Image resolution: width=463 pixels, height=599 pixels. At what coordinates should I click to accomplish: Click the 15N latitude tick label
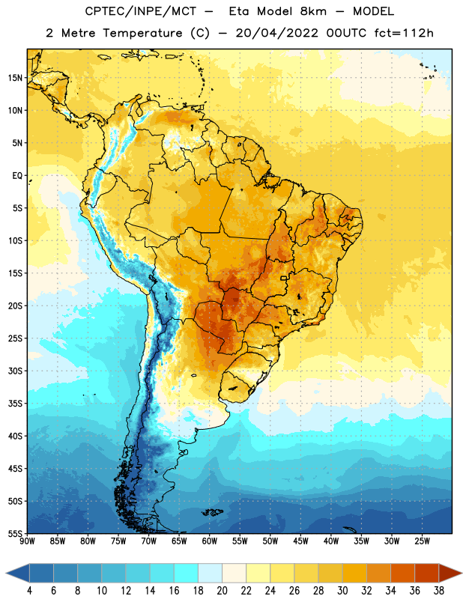coord(15,78)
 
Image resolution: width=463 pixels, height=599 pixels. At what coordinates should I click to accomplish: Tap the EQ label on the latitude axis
coord(17,176)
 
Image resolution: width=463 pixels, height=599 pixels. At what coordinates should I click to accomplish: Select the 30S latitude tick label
coord(15,371)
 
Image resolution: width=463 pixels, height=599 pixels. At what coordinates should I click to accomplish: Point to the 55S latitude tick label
coord(15,533)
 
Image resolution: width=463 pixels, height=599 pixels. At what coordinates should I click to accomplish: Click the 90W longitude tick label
coord(28,541)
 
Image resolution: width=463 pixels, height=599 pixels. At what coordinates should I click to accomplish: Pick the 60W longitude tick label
coord(210,541)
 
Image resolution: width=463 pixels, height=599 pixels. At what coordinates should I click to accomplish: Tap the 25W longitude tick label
coord(422,541)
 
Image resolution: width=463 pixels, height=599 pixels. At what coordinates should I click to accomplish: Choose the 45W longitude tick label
coord(300,541)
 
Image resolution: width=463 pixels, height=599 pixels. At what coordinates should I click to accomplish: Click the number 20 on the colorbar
coord(222,591)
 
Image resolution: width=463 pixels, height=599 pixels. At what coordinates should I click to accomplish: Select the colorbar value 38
coord(439,591)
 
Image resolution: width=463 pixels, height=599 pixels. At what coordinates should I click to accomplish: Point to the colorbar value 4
coord(29,591)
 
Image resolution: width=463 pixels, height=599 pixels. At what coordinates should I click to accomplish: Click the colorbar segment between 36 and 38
coord(427,574)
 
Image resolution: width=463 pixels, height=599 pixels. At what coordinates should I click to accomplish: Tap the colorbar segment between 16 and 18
coord(186,574)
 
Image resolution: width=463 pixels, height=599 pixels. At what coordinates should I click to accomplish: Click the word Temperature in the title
coord(142,33)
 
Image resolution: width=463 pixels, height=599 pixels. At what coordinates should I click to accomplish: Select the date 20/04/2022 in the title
coord(276,33)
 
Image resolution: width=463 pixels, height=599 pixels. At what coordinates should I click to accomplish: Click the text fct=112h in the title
coord(404,33)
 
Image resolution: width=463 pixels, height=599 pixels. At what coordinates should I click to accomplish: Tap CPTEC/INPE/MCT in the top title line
coord(140,11)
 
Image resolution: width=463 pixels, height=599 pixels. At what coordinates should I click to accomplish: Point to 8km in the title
coord(313,11)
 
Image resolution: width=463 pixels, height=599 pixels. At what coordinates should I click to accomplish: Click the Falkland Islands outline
coord(213,512)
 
